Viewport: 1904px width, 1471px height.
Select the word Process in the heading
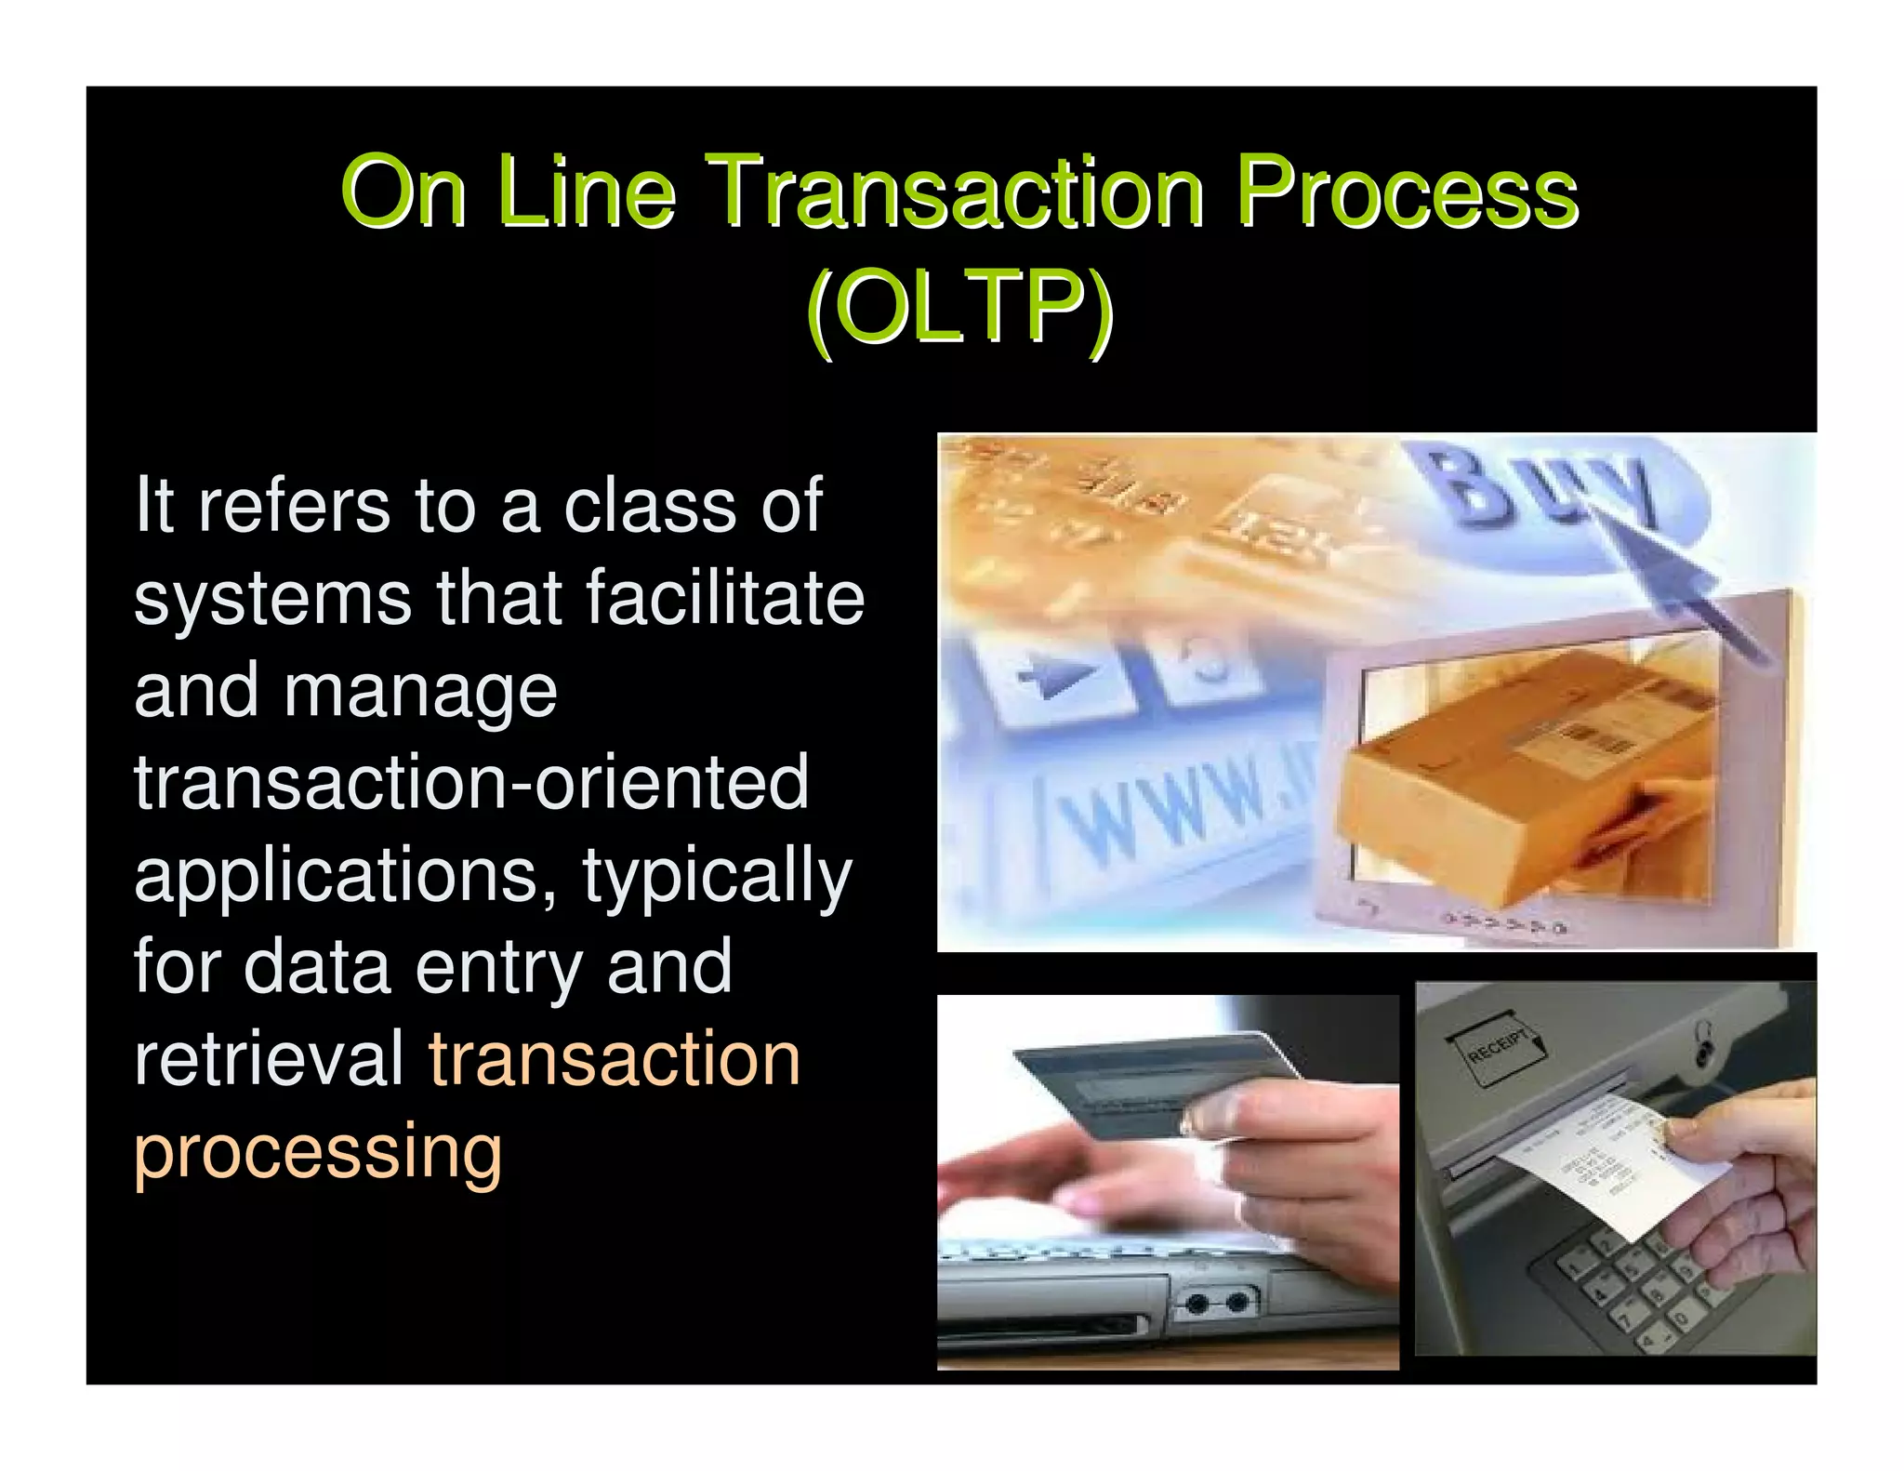[x=1406, y=192]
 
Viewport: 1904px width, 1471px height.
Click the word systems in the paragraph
[x=272, y=600]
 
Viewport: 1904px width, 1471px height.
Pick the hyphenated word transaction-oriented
[x=471, y=783]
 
